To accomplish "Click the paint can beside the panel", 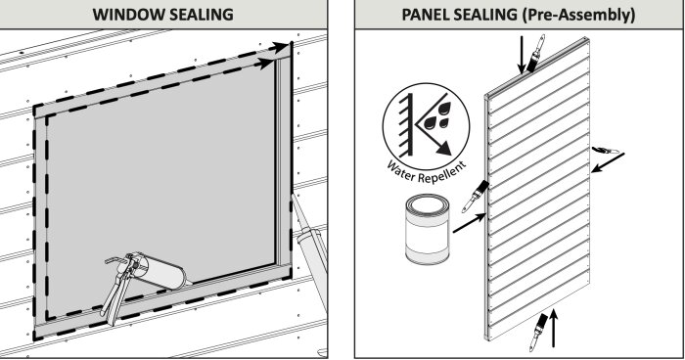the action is [428, 229].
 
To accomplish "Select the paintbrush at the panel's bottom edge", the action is [538, 332].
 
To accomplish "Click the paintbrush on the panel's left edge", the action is [476, 196].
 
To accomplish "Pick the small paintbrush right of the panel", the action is [605, 151].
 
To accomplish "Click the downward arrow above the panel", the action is [522, 55].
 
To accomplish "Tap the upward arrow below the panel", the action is [554, 328].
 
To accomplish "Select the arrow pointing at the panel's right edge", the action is [608, 162].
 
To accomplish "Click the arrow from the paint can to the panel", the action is [470, 223].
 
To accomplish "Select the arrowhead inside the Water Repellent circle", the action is [443, 148].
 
